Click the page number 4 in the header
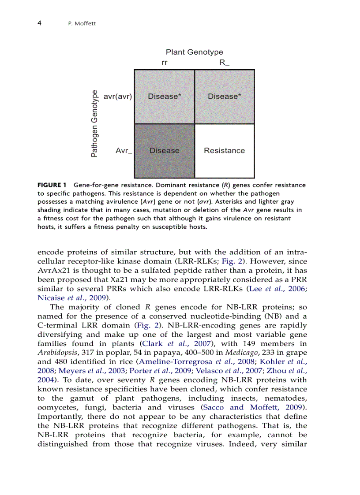(x=39, y=23)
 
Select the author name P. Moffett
(x=79, y=23)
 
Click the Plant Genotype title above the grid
(x=194, y=52)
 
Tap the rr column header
(x=165, y=63)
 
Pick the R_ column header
(x=224, y=63)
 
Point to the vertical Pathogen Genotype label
(x=94, y=123)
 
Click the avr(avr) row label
(x=117, y=97)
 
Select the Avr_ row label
(x=124, y=151)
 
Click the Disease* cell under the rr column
(x=164, y=97)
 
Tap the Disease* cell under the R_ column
(x=224, y=97)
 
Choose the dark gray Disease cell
(x=164, y=151)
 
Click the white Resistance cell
(x=224, y=151)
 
